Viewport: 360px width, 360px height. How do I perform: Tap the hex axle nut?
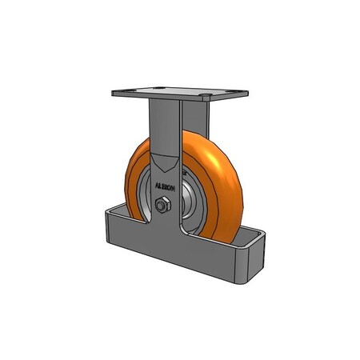[162, 206]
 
